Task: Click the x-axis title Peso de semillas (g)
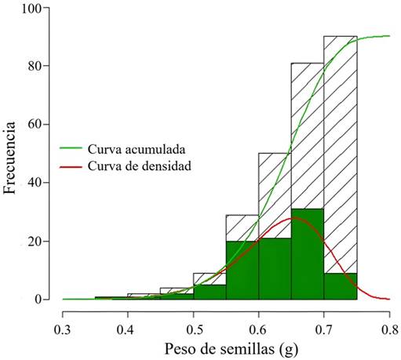tap(226, 345)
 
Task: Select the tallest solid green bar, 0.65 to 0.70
tap(308, 254)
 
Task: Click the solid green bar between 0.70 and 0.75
tap(340, 286)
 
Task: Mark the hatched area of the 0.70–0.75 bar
tap(340, 157)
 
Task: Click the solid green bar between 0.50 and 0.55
tap(210, 292)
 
